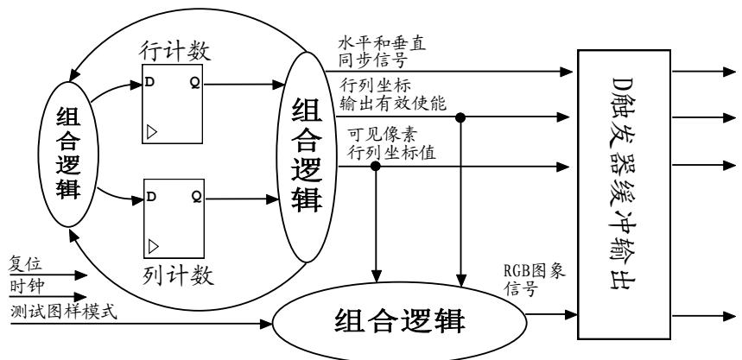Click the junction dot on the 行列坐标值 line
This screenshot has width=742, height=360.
coord(376,165)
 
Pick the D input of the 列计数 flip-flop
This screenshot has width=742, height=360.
coord(150,197)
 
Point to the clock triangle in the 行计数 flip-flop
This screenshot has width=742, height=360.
coord(150,133)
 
